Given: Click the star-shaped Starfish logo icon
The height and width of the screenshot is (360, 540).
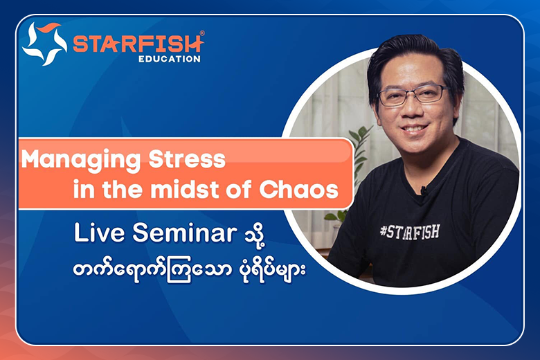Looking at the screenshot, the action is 44,44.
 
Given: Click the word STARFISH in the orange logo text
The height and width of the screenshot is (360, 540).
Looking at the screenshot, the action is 138,44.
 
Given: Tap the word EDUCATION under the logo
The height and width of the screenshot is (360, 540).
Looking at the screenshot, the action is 170,59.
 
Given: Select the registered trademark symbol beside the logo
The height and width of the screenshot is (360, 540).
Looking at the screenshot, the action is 202,33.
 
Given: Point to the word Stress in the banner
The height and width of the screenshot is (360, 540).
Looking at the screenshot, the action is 187,159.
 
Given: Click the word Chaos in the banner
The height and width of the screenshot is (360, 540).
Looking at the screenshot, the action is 299,190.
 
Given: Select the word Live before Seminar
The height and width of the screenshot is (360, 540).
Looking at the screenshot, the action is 99,233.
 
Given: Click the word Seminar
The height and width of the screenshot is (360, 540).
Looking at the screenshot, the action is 185,233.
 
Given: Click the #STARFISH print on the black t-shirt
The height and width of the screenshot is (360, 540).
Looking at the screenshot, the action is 410,232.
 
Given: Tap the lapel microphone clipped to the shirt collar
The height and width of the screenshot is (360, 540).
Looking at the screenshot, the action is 424,190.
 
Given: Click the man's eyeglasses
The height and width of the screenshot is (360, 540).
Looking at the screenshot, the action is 413,95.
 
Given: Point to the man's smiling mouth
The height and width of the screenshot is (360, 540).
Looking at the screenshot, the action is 414,129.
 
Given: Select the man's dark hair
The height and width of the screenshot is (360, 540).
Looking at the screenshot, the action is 413,59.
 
